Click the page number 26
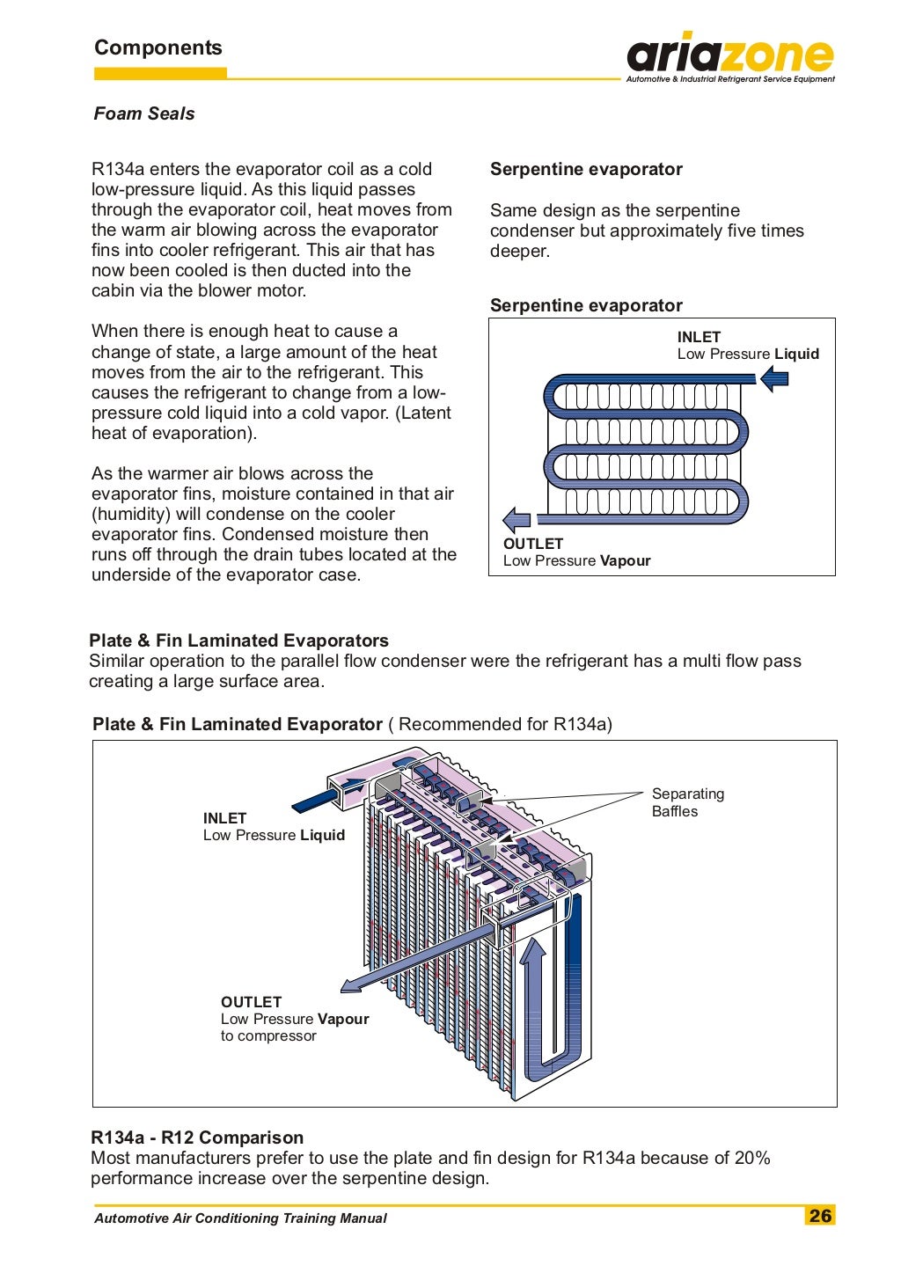820,1216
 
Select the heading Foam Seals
144,113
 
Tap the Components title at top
158,48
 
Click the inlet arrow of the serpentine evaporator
773,379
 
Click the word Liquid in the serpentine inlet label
796,354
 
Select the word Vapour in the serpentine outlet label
625,560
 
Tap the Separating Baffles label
687,802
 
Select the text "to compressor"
268,1035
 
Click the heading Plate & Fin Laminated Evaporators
238,640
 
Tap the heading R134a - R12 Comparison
197,1138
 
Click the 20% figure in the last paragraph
751,1158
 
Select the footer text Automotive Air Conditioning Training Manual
240,1218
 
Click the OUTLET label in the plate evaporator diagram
251,1002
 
